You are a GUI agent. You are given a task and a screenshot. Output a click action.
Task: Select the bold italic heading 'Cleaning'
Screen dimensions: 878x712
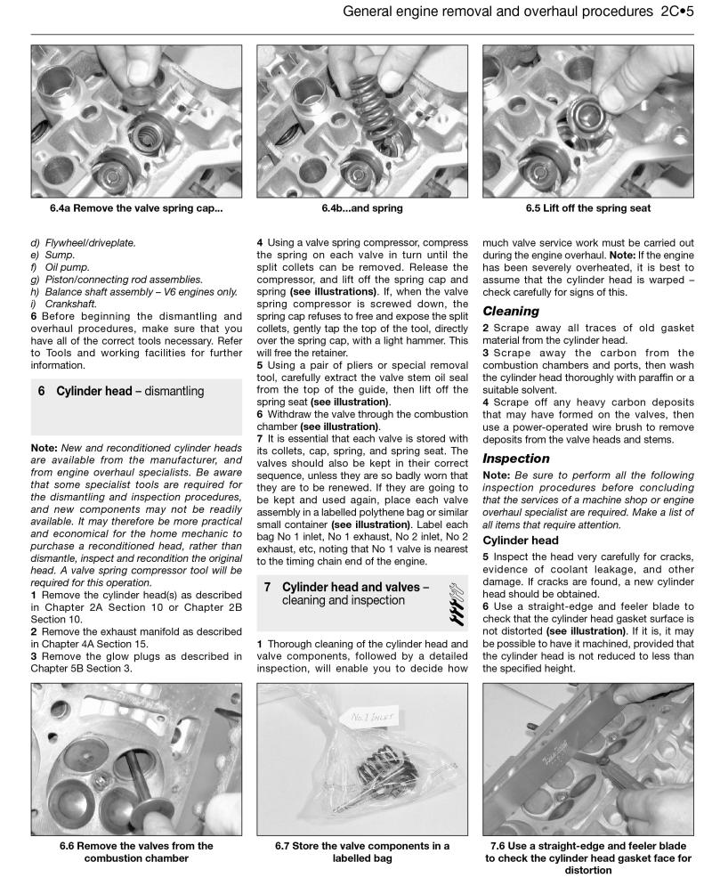pyautogui.click(x=510, y=312)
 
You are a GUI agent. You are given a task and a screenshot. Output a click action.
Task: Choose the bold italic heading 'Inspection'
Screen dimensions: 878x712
pyautogui.click(x=515, y=458)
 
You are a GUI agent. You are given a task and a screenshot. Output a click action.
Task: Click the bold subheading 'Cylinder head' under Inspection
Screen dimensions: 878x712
pyautogui.click(x=522, y=540)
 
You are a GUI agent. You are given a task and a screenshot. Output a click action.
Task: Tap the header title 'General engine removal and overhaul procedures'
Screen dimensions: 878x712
pyautogui.click(x=489, y=13)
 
